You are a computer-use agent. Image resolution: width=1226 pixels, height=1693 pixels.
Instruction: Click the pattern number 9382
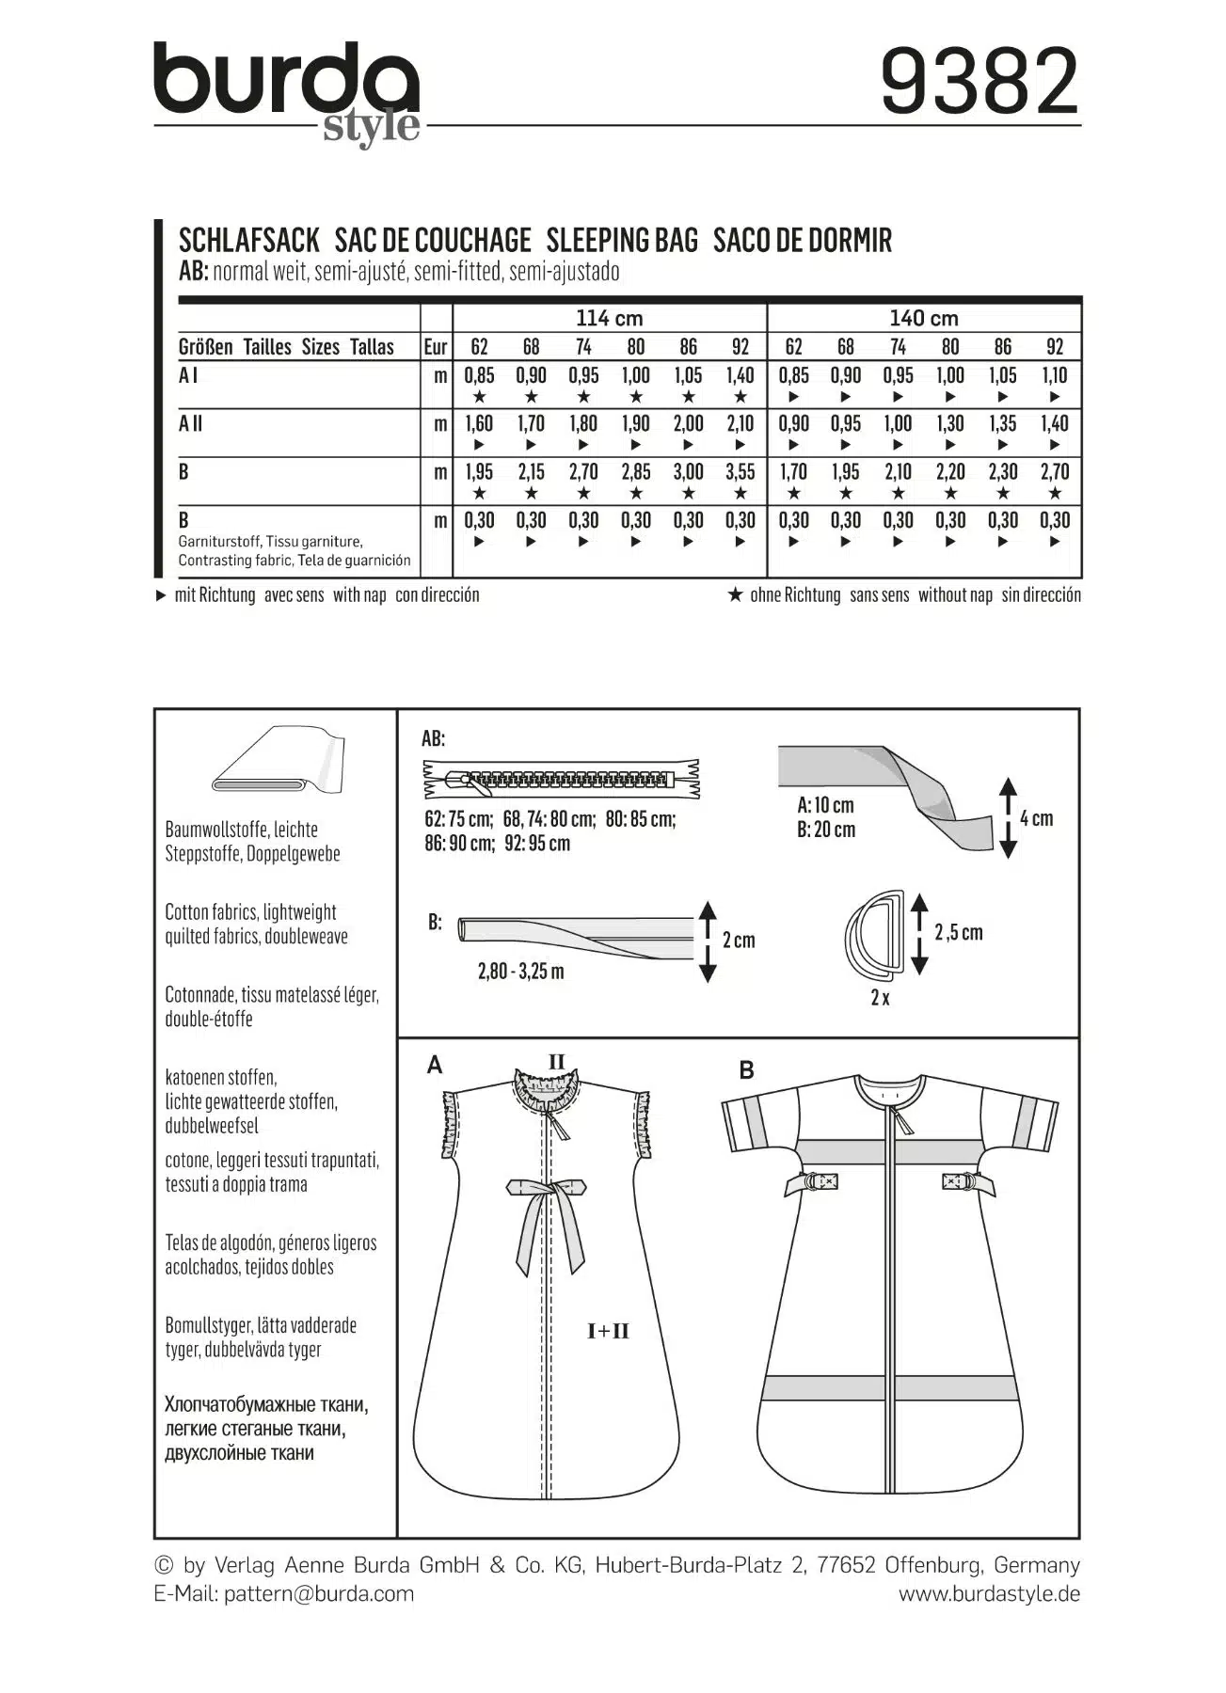pos(979,83)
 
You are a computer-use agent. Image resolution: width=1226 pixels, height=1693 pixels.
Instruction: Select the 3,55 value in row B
pos(740,472)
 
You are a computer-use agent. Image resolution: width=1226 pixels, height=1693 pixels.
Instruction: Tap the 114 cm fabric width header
pos(609,318)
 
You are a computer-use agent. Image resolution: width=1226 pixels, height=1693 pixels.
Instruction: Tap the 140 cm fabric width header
pos(923,318)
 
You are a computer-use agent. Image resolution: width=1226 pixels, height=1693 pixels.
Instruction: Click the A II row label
pos(191,424)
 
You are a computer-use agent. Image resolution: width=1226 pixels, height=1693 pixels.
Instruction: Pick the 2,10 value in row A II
pos(740,424)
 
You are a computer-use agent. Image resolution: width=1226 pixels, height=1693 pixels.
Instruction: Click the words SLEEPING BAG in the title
pos(622,241)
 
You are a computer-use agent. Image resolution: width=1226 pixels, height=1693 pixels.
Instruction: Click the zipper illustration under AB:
pos(562,779)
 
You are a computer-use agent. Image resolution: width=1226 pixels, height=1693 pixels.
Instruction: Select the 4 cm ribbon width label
pos(1036,818)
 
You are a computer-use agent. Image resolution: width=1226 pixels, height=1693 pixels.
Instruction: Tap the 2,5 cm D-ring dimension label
pos(958,932)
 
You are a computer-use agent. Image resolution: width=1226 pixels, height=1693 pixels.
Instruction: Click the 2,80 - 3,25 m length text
pos(520,971)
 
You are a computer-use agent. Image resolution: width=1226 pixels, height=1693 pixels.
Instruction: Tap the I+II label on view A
pos(608,1331)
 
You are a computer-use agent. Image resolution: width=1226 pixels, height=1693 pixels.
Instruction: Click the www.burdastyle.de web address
pos(988,1593)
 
